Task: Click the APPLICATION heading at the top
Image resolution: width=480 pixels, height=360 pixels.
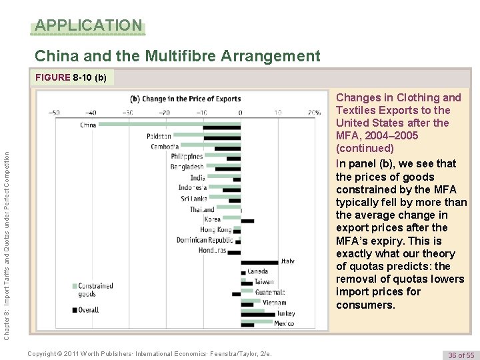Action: pyautogui.click(x=88, y=26)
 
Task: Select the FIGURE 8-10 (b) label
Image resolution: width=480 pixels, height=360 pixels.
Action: pyautogui.click(x=70, y=77)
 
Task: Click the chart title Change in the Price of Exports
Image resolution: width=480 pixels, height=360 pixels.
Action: pyautogui.click(x=185, y=99)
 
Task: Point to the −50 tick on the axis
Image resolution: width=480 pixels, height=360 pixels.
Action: pyautogui.click(x=55, y=112)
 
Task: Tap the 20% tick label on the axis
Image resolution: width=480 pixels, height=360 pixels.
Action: pyautogui.click(x=313, y=112)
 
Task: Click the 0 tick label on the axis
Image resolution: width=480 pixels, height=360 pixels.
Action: pyautogui.click(x=240, y=112)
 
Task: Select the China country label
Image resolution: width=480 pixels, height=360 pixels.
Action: pyautogui.click(x=88, y=125)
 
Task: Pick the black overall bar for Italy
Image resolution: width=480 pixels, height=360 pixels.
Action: pyautogui.click(x=259, y=262)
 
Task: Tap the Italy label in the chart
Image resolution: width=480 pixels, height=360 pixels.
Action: pyautogui.click(x=287, y=261)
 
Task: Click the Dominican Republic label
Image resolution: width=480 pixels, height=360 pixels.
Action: pyautogui.click(x=205, y=240)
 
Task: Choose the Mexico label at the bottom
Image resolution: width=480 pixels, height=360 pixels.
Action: pyautogui.click(x=284, y=323)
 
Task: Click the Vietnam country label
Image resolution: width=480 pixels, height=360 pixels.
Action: pyautogui.click(x=274, y=303)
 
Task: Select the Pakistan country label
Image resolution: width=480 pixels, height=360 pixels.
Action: pyautogui.click(x=159, y=136)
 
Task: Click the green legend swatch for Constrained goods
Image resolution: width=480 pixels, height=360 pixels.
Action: pyautogui.click(x=74, y=286)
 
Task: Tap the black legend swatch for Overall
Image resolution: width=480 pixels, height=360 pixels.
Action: pyautogui.click(x=74, y=309)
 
